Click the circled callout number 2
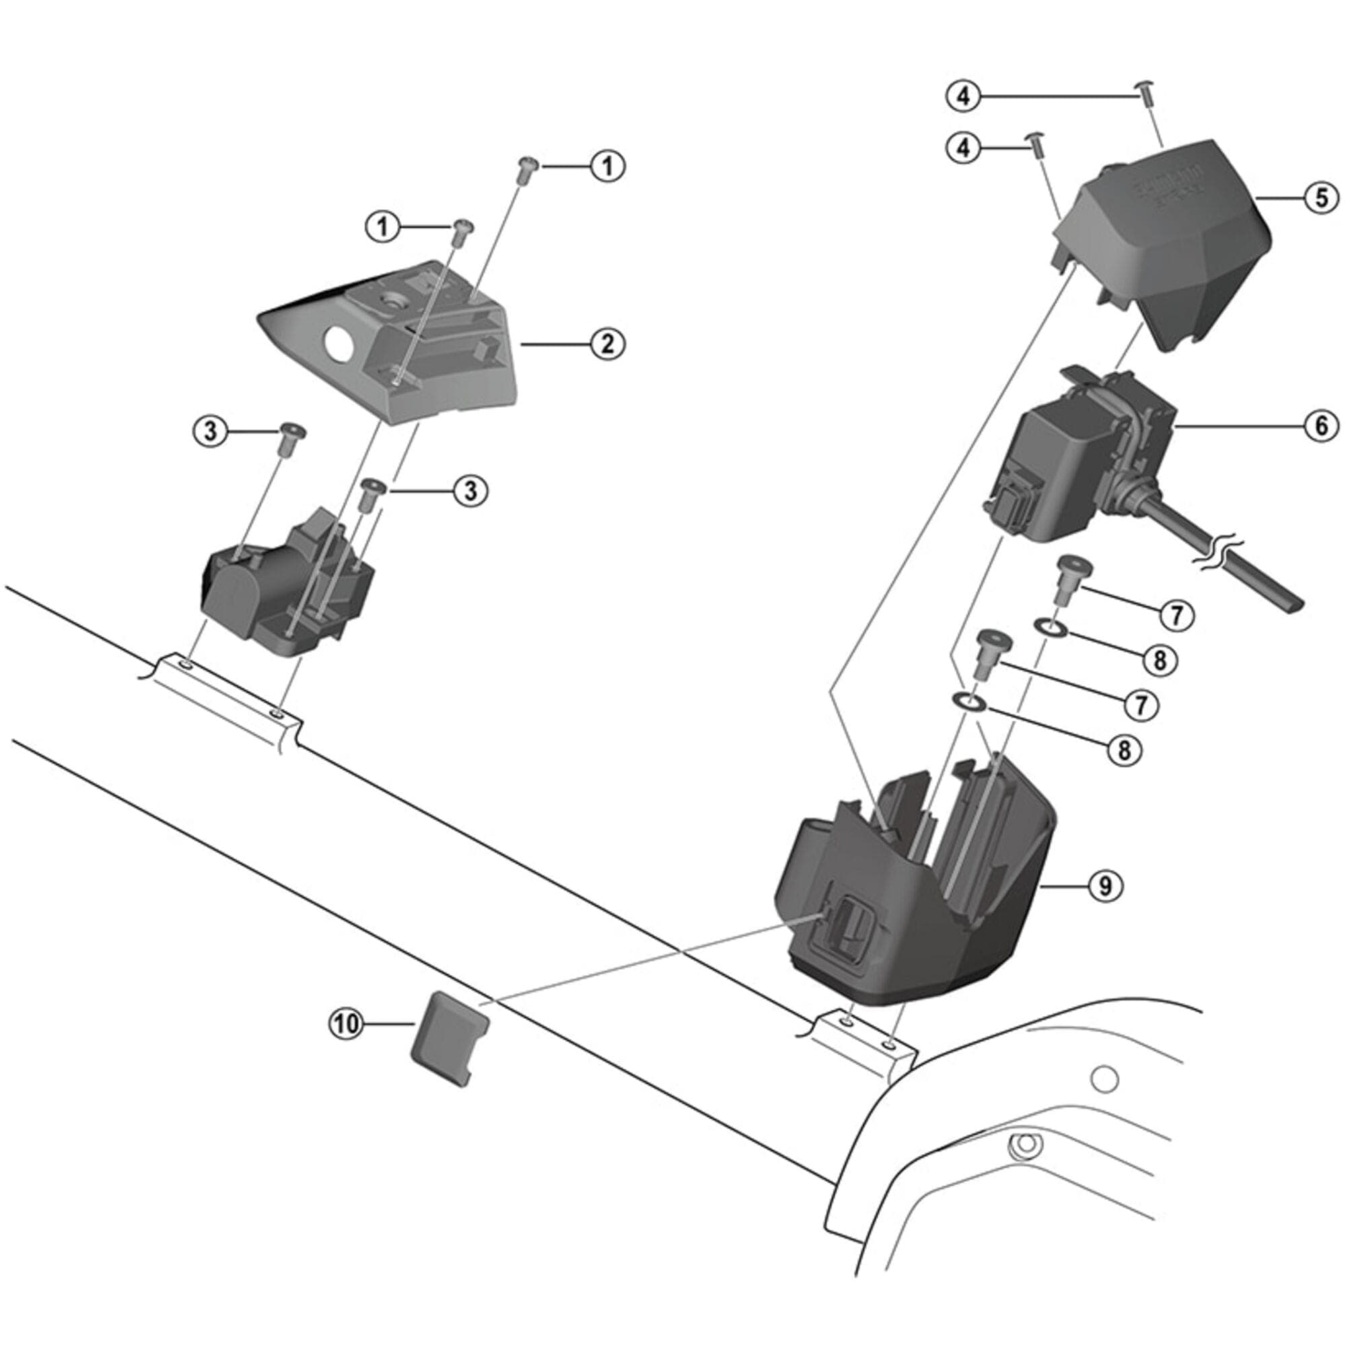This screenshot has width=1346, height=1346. (x=608, y=343)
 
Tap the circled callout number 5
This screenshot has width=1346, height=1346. (x=1322, y=198)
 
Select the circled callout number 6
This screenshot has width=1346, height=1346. (x=1322, y=426)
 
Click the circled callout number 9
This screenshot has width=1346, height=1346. (x=1106, y=886)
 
